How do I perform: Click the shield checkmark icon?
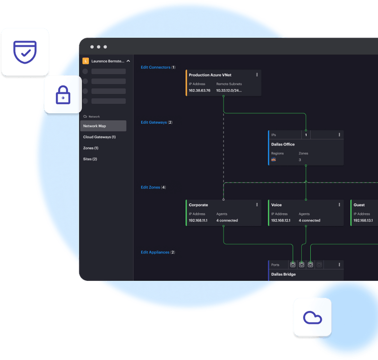point(25,52)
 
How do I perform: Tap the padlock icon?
point(63,95)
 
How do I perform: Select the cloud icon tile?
point(312,317)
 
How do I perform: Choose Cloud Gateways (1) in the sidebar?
point(99,137)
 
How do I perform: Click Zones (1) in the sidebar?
point(91,148)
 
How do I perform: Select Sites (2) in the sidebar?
point(90,159)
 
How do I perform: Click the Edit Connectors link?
point(155,67)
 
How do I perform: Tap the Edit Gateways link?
point(154,122)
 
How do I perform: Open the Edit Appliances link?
point(155,252)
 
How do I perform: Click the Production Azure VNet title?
point(210,75)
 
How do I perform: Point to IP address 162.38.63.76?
point(199,90)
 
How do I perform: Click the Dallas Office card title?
point(283,144)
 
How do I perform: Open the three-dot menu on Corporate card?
point(257,205)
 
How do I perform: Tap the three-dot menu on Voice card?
point(339,205)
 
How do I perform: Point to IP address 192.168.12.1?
point(281,220)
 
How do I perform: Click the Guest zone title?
point(359,205)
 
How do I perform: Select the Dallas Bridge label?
point(283,274)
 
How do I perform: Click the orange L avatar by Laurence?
point(86,61)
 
